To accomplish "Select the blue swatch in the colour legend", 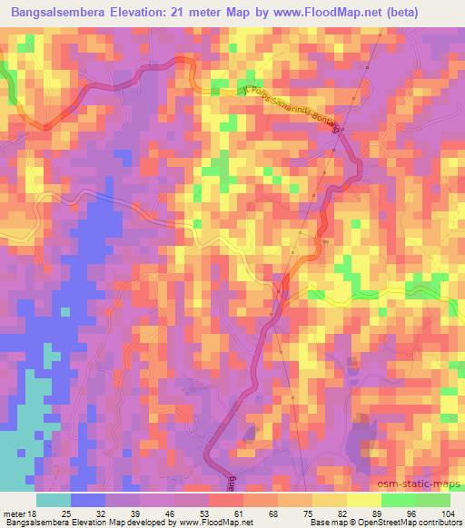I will pyautogui.click(x=88, y=501).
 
